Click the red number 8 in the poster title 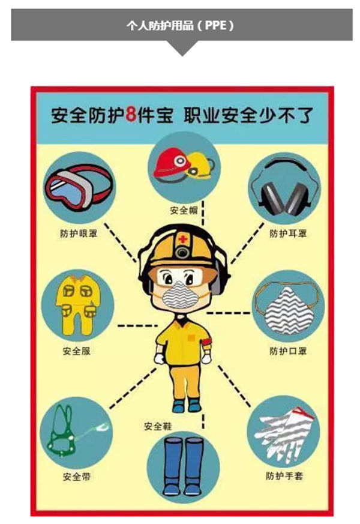[x=131, y=115]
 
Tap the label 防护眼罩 [x=79, y=233]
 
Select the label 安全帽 [x=184, y=210]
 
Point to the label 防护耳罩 [x=288, y=233]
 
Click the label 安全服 [x=76, y=351]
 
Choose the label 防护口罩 [x=288, y=351]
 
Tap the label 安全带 [x=76, y=476]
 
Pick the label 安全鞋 [x=158, y=426]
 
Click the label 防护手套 [x=284, y=475]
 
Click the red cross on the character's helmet [x=182, y=239]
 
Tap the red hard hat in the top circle [x=171, y=163]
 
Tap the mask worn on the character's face [x=179, y=295]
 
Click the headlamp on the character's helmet [x=182, y=252]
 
